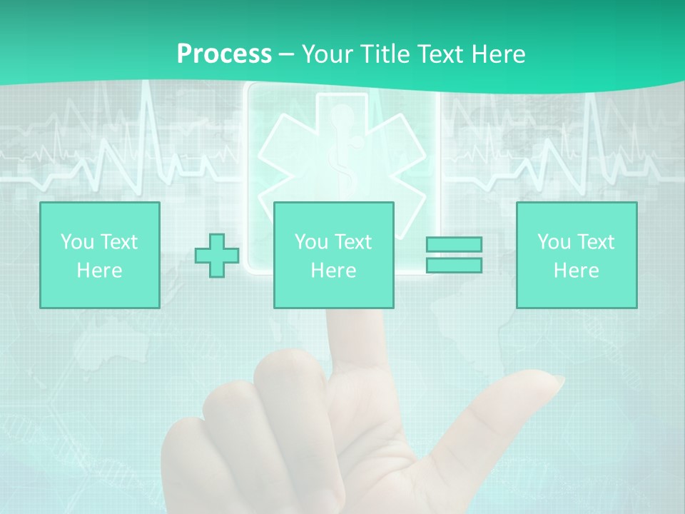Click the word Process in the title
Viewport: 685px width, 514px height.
tap(224, 54)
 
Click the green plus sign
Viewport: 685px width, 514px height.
tap(217, 256)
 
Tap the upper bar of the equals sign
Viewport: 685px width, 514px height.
tap(454, 244)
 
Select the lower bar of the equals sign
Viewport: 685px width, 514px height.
tap(454, 265)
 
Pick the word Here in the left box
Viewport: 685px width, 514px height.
tap(99, 271)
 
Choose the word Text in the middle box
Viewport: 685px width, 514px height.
tap(352, 242)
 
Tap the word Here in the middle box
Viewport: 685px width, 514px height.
tap(333, 271)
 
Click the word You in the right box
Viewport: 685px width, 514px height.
tap(554, 242)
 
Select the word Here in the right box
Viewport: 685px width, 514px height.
tap(576, 271)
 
